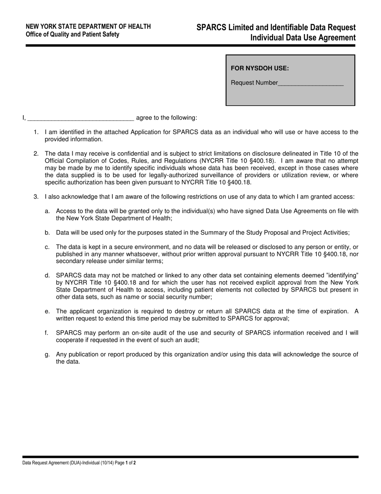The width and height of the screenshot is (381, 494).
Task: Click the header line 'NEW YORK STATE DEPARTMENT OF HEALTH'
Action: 88,27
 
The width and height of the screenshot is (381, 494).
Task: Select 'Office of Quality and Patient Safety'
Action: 72,35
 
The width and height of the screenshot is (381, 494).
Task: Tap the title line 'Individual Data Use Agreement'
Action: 303,38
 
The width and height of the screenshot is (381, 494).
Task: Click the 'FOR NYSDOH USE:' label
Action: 260,68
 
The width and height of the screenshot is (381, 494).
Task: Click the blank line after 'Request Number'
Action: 311,83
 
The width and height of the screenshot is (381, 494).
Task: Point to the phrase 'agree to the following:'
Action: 166,118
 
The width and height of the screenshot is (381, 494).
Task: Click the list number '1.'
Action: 36,132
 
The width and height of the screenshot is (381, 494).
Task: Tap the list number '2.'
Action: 36,153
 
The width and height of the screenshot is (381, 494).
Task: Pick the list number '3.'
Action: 36,197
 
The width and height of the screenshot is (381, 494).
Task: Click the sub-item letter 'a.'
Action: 47,211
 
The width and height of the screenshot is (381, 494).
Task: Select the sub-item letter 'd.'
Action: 47,276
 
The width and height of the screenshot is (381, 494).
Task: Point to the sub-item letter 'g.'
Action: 47,354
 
